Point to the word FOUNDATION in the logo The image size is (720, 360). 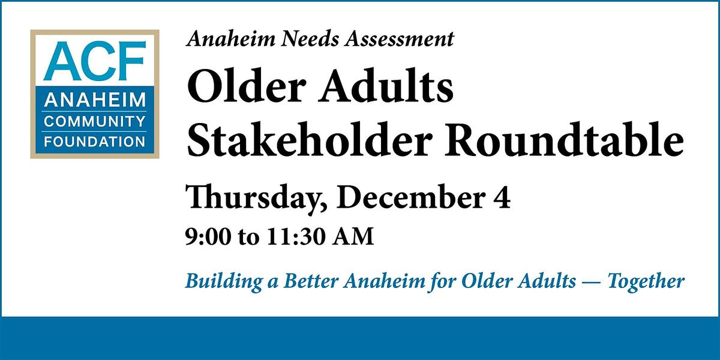coord(95,142)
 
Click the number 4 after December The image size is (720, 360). coord(503,199)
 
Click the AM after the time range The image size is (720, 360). coord(350,236)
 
